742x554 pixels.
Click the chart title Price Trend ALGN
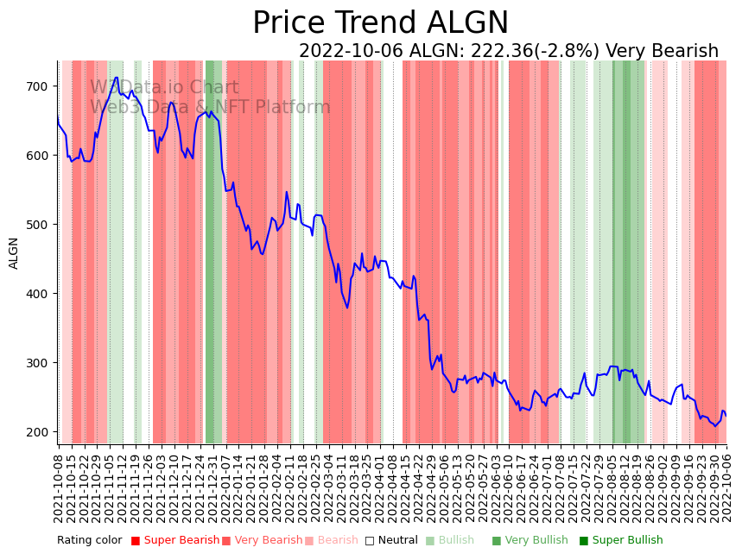pyautogui.click(x=380, y=23)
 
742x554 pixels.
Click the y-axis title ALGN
pyautogui.click(x=14, y=253)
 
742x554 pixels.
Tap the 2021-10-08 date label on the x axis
pyautogui.click(x=59, y=488)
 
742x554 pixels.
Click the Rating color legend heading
pyautogui.click(x=90, y=541)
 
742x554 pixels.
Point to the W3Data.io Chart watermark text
pyautogui.click(x=164, y=87)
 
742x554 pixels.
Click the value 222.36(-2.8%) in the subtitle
pyautogui.click(x=504, y=52)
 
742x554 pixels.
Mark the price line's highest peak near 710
pyautogui.click(x=116, y=78)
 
